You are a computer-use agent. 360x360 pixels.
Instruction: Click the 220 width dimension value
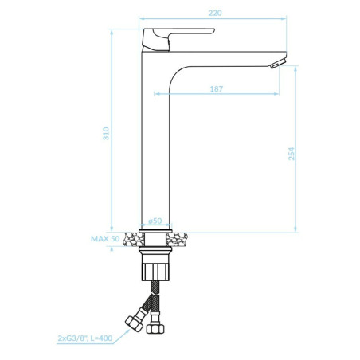click(x=215, y=13)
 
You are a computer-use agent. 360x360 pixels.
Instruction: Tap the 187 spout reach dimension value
click(x=217, y=88)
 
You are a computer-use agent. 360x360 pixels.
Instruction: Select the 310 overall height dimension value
click(x=106, y=134)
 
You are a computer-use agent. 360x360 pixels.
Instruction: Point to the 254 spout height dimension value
click(x=292, y=154)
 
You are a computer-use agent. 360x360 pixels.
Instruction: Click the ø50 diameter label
click(x=155, y=221)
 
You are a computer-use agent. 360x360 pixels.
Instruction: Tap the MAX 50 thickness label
click(x=105, y=239)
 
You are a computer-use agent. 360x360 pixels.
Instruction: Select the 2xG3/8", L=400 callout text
click(x=85, y=338)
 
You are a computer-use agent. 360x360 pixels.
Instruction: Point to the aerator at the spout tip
click(x=278, y=64)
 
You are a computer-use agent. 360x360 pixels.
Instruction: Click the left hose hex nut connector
click(x=135, y=323)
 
